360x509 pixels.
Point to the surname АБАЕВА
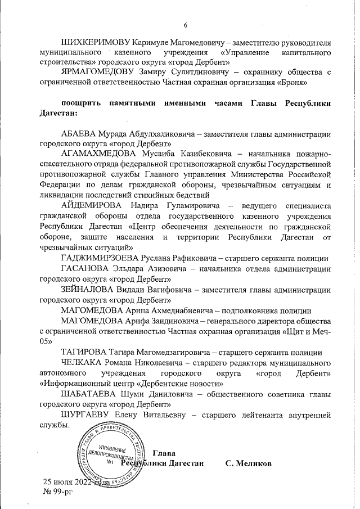(81, 134)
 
